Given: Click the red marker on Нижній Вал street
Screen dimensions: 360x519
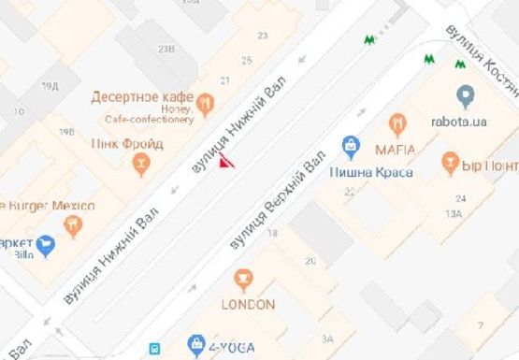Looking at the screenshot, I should point(225,163).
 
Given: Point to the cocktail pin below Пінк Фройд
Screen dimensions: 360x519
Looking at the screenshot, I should point(141,166).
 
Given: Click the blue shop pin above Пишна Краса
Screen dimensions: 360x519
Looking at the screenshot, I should point(350,145).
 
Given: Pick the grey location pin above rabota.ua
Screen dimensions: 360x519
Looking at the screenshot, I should point(465,95).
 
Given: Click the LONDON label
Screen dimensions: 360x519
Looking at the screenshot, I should point(248,304).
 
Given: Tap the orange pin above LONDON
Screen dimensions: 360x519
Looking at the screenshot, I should point(244,279).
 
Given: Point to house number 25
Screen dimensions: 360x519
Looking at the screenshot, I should point(246,61).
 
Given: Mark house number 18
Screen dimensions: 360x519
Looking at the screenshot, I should point(273,233).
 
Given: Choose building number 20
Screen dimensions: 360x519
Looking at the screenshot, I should point(310,261).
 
